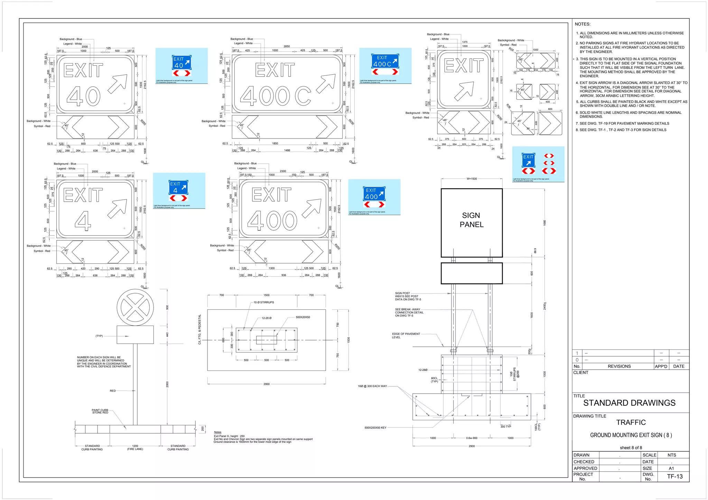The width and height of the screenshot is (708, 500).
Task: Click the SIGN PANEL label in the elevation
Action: tap(471, 220)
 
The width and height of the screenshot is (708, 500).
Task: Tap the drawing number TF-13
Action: tap(674, 477)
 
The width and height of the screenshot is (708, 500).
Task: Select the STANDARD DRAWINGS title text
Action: tap(629, 403)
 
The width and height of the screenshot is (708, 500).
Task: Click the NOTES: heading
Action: tap(583, 24)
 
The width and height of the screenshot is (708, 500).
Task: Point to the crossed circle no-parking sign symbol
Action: tap(135, 307)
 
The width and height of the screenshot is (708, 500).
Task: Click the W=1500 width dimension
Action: tap(471, 179)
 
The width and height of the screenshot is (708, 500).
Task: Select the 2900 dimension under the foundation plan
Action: tap(266, 384)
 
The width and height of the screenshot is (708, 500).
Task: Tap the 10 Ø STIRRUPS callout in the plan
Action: tap(263, 302)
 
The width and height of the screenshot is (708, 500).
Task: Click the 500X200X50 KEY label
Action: tap(375, 427)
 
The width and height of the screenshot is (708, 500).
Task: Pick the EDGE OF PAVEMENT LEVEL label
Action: tap(406, 335)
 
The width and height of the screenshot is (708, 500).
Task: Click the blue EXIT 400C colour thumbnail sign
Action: tap(385, 64)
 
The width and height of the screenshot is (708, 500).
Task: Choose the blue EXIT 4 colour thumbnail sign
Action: tap(178, 190)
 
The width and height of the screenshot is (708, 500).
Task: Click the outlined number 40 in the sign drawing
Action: tap(83, 96)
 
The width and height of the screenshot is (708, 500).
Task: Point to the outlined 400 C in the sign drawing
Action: tap(275, 96)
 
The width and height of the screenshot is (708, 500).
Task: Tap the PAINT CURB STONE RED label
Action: tap(100, 411)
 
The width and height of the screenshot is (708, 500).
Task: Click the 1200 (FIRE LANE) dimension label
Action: tap(135, 448)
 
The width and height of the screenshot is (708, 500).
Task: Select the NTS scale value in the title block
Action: tap(671, 455)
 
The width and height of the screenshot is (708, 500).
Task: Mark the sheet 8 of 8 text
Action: tap(631, 448)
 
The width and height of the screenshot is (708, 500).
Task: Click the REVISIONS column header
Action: tap(619, 366)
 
